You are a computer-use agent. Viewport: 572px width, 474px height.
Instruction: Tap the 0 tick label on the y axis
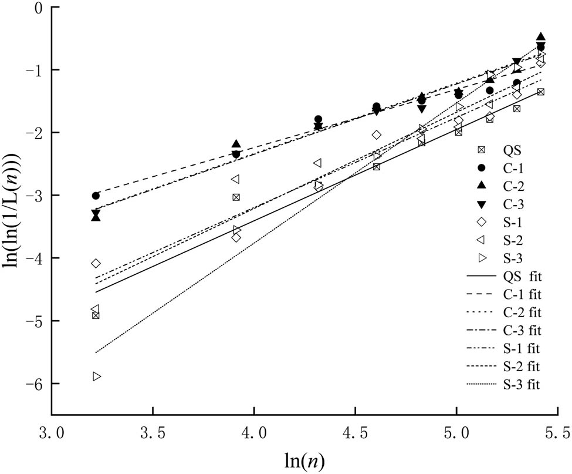click(39, 7)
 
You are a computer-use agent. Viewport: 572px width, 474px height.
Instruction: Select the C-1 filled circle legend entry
click(480, 167)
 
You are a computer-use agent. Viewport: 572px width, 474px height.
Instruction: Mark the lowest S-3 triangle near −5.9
click(96, 376)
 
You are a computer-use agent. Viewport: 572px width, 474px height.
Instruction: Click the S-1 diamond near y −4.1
click(96, 263)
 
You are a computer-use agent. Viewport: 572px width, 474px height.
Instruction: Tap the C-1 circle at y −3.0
click(96, 196)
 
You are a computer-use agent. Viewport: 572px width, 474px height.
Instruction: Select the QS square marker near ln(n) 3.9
click(236, 197)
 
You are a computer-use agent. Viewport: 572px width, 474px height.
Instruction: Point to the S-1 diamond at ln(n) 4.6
click(377, 135)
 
